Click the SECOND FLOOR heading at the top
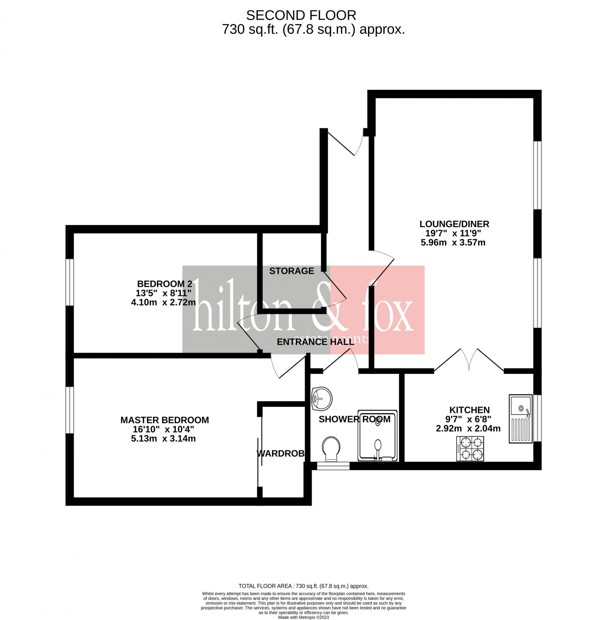(x=301, y=15)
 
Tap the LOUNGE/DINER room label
(x=454, y=224)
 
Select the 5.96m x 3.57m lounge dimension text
(x=453, y=243)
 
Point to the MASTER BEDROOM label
(x=165, y=420)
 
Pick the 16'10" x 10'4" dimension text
(x=163, y=429)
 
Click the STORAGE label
(x=291, y=271)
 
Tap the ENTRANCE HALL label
(x=316, y=342)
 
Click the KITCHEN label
(x=469, y=410)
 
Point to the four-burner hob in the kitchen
(x=470, y=448)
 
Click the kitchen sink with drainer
(x=521, y=418)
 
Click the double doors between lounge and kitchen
(x=469, y=360)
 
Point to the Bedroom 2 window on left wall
(x=70, y=282)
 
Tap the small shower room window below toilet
(x=333, y=466)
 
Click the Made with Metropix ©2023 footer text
(x=303, y=617)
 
